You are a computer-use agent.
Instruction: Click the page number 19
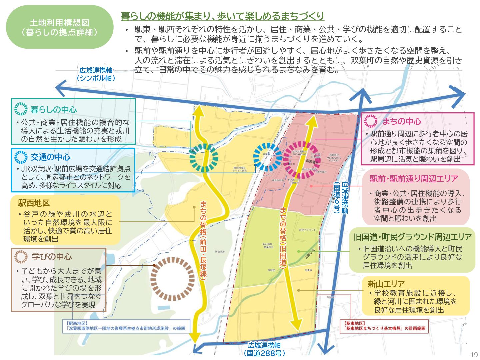tap(474, 355)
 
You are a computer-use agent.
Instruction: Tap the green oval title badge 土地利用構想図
tap(60, 27)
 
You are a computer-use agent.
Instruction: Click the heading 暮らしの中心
tap(53, 109)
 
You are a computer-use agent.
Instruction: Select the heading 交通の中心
tap(50, 157)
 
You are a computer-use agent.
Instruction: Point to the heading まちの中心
tap(401, 121)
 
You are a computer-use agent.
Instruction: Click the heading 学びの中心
tap(52, 257)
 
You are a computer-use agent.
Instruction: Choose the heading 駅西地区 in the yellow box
tap(34, 203)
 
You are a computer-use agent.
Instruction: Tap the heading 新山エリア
tap(386, 284)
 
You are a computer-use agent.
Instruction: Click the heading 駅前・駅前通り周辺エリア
tap(414, 179)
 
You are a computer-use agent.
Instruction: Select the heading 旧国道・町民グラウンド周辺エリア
tap(412, 237)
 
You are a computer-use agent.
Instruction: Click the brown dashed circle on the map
tap(172, 279)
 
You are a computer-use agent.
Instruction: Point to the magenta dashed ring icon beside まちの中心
tap(371, 121)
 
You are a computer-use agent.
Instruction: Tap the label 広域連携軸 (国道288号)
tap(264, 349)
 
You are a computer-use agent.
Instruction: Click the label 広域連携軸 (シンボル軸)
tap(96, 74)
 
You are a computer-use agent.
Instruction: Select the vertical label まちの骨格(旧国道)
tap(283, 237)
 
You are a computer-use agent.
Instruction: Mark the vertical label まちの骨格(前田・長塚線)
tap(203, 239)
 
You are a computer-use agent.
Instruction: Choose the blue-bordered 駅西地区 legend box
tap(126, 326)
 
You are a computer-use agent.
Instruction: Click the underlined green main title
tap(222, 16)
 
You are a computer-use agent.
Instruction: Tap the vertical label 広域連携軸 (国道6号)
tap(341, 197)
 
